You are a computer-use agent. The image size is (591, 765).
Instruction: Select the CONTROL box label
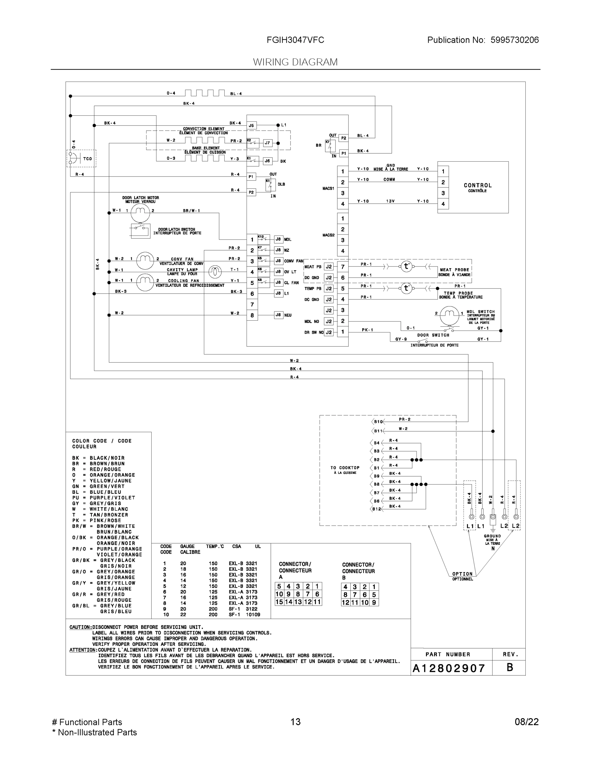478,186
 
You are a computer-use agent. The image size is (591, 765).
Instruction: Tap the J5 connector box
251,125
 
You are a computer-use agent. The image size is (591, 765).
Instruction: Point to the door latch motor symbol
141,211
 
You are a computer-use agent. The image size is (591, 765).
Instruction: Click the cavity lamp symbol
215,272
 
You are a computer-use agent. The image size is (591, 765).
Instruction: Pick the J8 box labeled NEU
278,315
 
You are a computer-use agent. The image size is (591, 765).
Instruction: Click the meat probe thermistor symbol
406,266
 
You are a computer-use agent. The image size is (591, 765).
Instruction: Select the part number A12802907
449,668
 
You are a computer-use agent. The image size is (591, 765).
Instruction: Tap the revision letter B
510,667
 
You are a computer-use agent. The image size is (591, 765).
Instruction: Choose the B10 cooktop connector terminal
378,422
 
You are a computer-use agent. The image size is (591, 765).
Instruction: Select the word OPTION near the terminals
462,574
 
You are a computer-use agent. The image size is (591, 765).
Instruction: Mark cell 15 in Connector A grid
279,602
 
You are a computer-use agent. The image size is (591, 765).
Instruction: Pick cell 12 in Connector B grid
346,602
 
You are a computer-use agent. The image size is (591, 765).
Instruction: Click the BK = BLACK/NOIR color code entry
98,458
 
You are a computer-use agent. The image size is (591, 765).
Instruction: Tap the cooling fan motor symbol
145,282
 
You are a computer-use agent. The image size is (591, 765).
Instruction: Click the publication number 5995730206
514,40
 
